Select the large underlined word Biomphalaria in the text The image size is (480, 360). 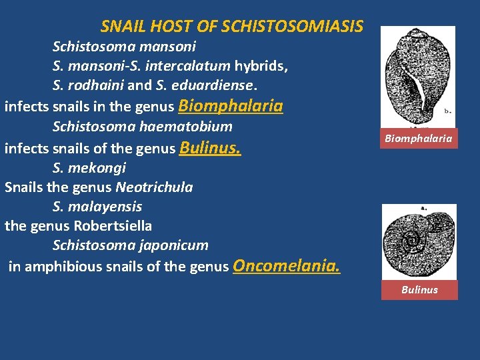pyautogui.click(x=231, y=106)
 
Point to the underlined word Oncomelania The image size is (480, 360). pyautogui.click(x=287, y=267)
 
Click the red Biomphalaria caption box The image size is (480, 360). pyautogui.click(x=418, y=139)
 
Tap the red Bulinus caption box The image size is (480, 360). pyautogui.click(x=419, y=289)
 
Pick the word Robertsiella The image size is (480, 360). pyautogui.click(x=113, y=226)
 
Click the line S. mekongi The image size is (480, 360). pyautogui.click(x=89, y=168)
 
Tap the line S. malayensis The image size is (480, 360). pyautogui.click(x=97, y=207)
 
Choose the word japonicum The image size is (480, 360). pyautogui.click(x=175, y=245)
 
